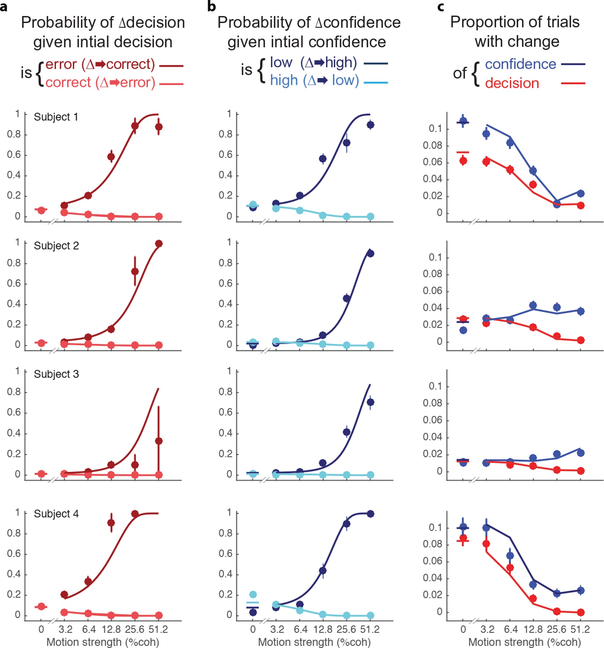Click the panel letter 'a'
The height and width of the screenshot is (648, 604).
[4, 6]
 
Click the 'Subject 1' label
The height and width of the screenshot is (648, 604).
[56, 117]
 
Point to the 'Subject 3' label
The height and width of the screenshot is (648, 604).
[56, 374]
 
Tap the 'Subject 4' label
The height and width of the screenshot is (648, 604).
[56, 514]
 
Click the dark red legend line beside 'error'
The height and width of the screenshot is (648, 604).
[171, 66]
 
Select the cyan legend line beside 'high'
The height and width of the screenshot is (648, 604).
[376, 83]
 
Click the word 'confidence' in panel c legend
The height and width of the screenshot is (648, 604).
[520, 65]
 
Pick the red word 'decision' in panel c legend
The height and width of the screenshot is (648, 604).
[512, 83]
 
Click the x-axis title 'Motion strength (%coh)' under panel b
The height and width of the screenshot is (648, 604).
[314, 642]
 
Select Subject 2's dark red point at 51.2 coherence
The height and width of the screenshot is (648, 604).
[159, 244]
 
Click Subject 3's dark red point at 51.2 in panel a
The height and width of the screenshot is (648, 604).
[159, 441]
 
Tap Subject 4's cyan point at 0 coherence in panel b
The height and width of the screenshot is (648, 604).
[253, 594]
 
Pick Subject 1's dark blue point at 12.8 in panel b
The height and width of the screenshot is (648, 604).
[323, 159]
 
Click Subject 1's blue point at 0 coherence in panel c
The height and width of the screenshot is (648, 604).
[463, 121]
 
